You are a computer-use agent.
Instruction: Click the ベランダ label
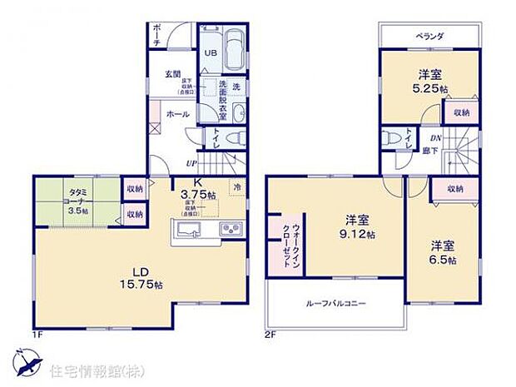point(429,37)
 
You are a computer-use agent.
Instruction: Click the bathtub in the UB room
point(234,52)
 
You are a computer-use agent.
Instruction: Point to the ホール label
point(176,113)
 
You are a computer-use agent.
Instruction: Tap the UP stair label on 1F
point(191,164)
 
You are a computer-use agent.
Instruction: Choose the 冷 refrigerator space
point(238,187)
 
